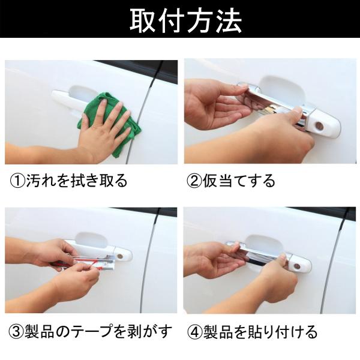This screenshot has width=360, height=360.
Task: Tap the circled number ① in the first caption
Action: pyautogui.click(x=17, y=181)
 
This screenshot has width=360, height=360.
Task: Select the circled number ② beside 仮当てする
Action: pyautogui.click(x=194, y=181)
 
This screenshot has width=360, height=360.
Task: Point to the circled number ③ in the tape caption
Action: pyautogui.click(x=16, y=332)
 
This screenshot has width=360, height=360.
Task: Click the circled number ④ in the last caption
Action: pyautogui.click(x=194, y=332)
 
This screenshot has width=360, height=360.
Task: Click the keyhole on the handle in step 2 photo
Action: pyautogui.click(x=319, y=125)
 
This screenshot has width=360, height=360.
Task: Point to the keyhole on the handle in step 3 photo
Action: pyautogui.click(x=119, y=256)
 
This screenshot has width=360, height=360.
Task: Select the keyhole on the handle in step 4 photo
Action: pyautogui.click(x=297, y=266)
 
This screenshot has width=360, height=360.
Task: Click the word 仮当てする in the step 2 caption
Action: pyautogui.click(x=239, y=181)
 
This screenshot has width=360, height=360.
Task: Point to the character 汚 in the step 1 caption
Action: pyautogui.click(x=34, y=181)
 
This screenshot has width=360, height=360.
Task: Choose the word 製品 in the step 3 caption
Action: pyautogui.click(x=39, y=332)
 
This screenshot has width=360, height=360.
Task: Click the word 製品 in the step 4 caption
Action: pyautogui.click(x=218, y=332)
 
